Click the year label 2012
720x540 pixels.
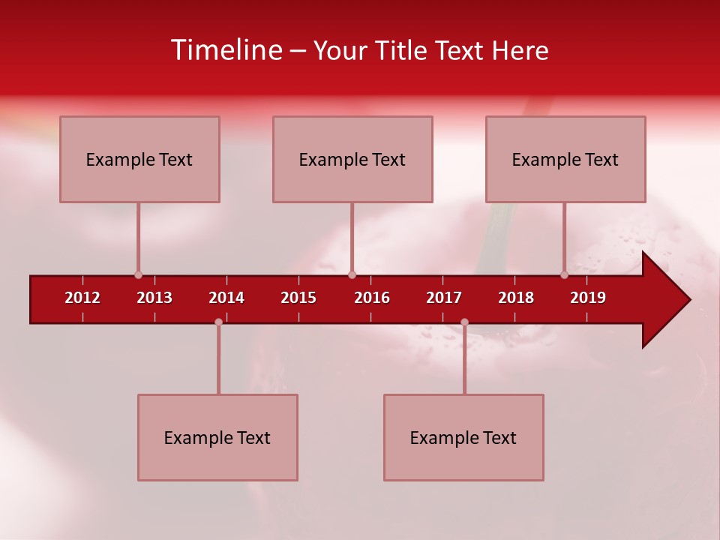pos(82,298)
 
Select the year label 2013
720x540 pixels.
pos(154,298)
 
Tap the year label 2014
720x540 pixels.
pos(226,298)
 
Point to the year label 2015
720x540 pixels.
pos(298,298)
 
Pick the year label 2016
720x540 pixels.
pos(372,298)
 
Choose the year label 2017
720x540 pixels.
pos(444,298)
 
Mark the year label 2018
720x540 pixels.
pos(516,298)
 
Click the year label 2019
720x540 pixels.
pos(588,298)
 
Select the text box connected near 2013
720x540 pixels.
pos(139,159)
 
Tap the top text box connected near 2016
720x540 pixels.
pos(352,159)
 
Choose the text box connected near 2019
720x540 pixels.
pos(565,159)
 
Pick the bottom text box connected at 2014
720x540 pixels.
pos(217,437)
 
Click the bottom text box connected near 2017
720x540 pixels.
pos(463,437)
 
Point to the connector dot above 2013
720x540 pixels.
pos(138,275)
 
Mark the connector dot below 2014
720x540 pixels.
pos(218,322)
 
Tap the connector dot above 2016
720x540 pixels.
pos(352,275)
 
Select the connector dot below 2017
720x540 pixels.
pos(464,322)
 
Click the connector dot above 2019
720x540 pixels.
pos(564,275)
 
